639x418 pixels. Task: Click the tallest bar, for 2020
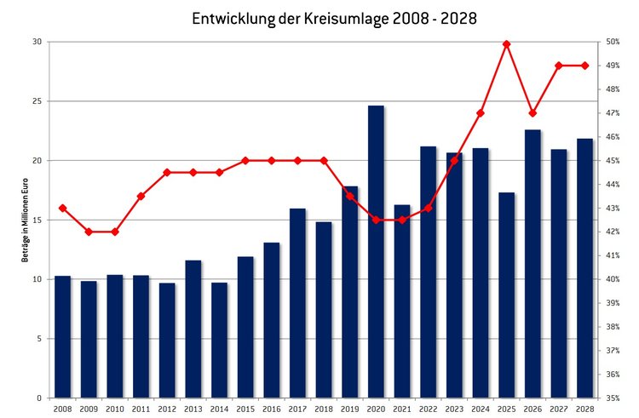pyautogui.click(x=376, y=251)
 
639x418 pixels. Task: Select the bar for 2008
pyautogui.click(x=62, y=336)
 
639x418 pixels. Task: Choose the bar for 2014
pyautogui.click(x=219, y=340)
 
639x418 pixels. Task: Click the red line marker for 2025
pyautogui.click(x=507, y=43)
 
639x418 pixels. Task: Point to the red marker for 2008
pyautogui.click(x=62, y=208)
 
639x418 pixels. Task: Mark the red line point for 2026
pyautogui.click(x=532, y=113)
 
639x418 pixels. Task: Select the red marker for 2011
pyautogui.click(x=141, y=196)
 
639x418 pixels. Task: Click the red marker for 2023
pyautogui.click(x=454, y=160)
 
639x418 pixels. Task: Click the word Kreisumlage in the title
pyautogui.click(x=348, y=17)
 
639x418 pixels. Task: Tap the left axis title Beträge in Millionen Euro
pyautogui.click(x=26, y=220)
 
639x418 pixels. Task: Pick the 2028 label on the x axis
pyautogui.click(x=584, y=409)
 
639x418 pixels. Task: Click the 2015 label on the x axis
pyautogui.click(x=245, y=409)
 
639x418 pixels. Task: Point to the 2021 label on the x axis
pyautogui.click(x=402, y=409)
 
